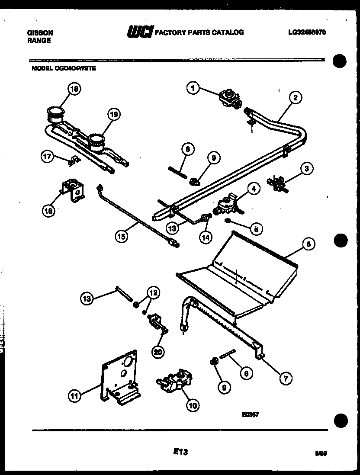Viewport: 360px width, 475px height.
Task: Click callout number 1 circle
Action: (x=193, y=88)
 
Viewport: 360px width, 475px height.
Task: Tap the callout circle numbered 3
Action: (x=306, y=169)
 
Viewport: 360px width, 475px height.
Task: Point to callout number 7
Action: (x=285, y=379)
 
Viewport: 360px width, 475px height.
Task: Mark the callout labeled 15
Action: (x=122, y=236)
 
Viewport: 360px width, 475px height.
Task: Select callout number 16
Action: (x=48, y=211)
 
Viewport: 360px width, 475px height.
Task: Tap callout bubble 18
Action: (x=74, y=89)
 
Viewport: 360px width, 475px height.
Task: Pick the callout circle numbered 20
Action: (x=158, y=352)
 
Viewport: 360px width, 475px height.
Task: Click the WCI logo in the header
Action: (x=139, y=32)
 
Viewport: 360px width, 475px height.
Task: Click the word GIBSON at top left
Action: (x=40, y=32)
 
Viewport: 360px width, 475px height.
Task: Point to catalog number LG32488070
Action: (x=306, y=32)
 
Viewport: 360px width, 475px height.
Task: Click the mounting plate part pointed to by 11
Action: (x=119, y=376)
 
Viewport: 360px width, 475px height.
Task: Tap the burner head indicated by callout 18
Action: (x=55, y=115)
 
